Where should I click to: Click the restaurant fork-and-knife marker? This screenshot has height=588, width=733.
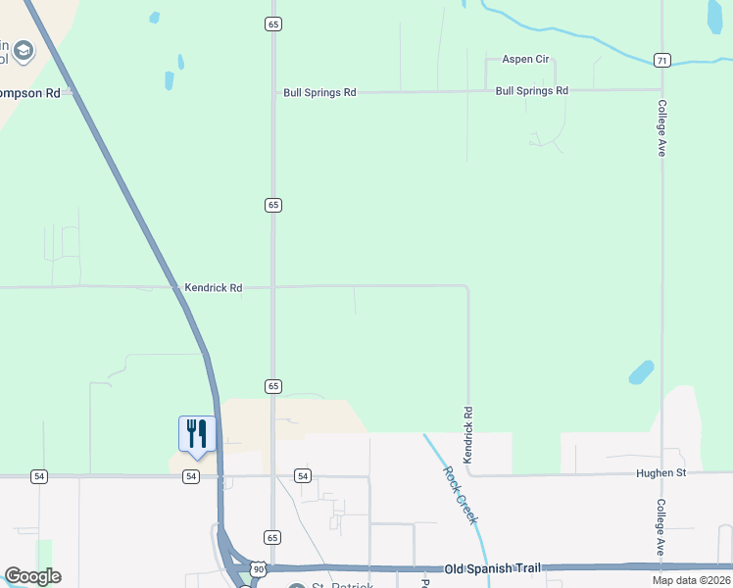point(196,433)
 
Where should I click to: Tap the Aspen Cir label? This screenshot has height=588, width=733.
point(525,59)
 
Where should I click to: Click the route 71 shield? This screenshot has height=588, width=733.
point(663,61)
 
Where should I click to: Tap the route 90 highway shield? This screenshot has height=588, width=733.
point(257,568)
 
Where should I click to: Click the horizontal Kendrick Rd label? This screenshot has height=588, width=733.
point(213,288)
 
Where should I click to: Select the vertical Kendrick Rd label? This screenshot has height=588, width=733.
point(468,436)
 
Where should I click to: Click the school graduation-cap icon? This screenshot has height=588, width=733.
point(22,51)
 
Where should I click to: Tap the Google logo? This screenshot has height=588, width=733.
point(33,576)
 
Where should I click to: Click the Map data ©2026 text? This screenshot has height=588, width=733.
point(690,580)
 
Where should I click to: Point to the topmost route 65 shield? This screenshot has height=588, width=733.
point(272,24)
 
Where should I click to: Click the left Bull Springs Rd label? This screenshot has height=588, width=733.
point(319,92)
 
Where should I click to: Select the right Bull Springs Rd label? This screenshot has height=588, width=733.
point(532,91)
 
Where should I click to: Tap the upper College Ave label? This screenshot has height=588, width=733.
point(662,128)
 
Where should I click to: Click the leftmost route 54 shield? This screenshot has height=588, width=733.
point(39,476)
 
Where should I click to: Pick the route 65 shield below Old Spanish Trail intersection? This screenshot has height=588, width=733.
point(272,537)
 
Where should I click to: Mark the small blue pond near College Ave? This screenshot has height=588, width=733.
point(641,372)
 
